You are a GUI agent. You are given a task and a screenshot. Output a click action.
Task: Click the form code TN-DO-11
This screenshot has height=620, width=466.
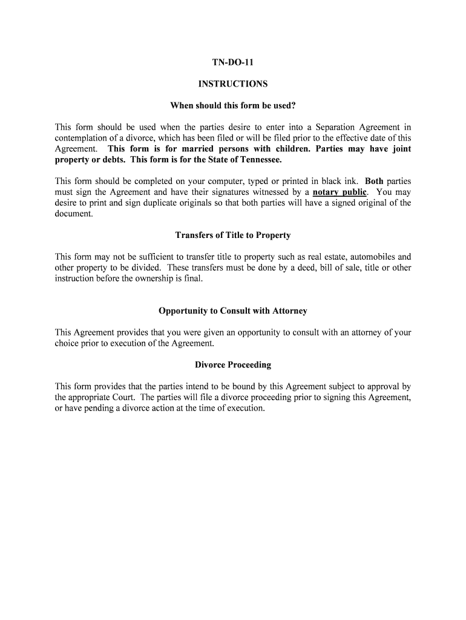pyautogui.click(x=233, y=62)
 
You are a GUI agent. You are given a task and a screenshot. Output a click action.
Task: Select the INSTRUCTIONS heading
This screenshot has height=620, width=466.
pyautogui.click(x=233, y=84)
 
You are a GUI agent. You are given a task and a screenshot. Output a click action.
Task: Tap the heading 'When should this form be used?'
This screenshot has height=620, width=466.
pyautogui.click(x=233, y=105)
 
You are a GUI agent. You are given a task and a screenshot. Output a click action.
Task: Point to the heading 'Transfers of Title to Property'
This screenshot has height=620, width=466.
pyautogui.click(x=233, y=235)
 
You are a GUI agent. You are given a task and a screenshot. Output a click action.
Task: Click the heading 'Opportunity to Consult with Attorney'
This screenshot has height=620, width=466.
pyautogui.click(x=233, y=311)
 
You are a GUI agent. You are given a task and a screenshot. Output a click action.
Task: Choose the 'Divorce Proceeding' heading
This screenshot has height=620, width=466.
pyautogui.click(x=233, y=365)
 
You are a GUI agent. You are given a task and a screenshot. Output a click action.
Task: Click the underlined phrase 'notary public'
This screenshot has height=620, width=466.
pyautogui.click(x=340, y=193)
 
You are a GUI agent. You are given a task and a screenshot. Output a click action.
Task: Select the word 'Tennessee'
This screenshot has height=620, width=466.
pyautogui.click(x=261, y=160)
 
